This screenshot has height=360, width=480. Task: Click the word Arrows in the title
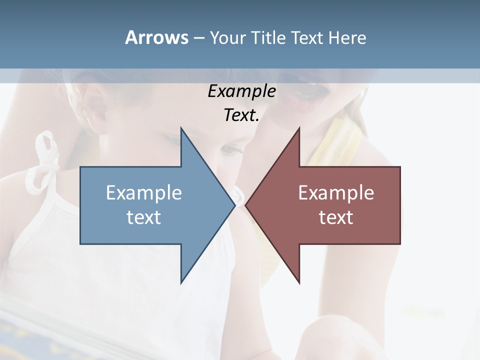point(156,37)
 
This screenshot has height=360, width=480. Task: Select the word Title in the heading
point(270,38)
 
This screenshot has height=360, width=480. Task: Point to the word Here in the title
point(347,38)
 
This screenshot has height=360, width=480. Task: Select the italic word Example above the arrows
point(241,91)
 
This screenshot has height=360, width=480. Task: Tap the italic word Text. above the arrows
point(241,115)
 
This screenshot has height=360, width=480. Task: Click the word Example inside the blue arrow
point(144,193)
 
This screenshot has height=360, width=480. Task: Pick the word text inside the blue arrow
point(144,217)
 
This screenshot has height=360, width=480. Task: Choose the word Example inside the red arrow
point(336,193)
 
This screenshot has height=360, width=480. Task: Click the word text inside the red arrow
point(336,217)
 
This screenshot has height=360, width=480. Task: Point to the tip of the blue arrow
point(234,205)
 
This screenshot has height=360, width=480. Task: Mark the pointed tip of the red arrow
point(245,205)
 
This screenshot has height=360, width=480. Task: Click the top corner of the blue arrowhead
point(181,128)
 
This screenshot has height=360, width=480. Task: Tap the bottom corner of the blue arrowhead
point(181,283)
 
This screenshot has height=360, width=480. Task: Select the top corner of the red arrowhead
point(299,128)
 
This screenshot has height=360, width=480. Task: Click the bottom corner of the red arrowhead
point(299,283)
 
